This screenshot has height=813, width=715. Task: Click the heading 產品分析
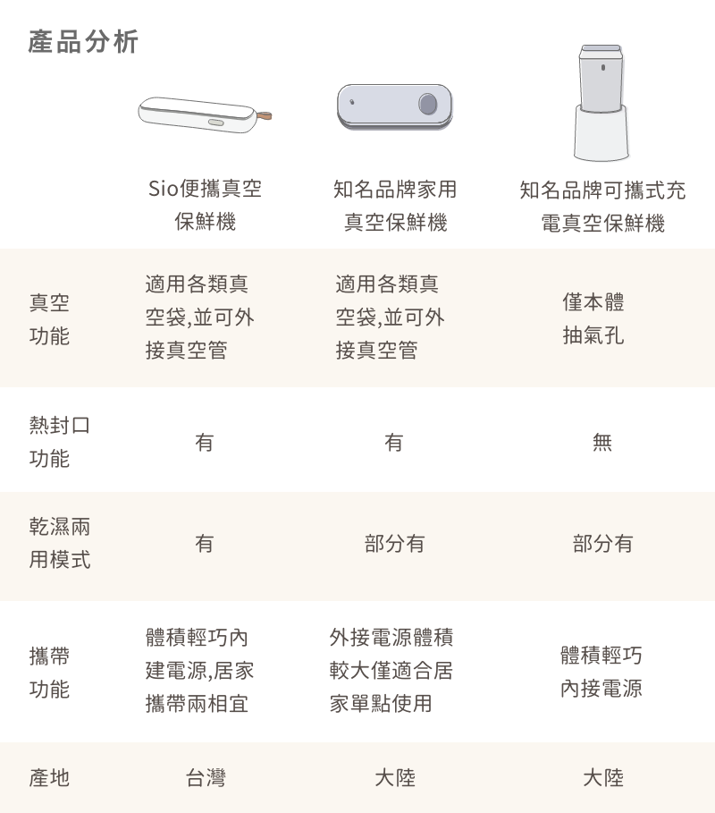tap(83, 42)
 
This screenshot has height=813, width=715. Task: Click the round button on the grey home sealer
tap(428, 104)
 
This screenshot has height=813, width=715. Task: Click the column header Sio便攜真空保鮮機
tap(206, 205)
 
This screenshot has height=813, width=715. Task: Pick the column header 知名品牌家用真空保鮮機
tap(395, 206)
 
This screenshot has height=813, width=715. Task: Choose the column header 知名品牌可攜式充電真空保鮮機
tap(602, 207)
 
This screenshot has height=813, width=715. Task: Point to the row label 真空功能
tap(49, 319)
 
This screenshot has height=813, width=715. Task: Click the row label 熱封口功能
tap(60, 442)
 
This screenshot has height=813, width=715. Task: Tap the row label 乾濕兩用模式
tap(60, 543)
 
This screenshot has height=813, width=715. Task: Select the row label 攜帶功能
tap(49, 673)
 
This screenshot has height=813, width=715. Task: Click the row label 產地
tap(49, 778)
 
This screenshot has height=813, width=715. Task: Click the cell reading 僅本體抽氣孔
tap(593, 318)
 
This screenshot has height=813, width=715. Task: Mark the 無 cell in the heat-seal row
tap(602, 443)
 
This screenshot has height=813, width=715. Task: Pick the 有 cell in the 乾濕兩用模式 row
tap(204, 544)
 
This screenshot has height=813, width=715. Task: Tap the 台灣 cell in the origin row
tap(206, 778)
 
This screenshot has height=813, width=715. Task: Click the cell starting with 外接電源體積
tap(391, 670)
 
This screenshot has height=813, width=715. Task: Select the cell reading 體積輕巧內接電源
tap(601, 672)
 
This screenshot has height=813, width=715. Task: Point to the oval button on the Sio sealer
tap(215, 123)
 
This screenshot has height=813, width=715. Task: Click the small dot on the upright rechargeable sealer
tap(602, 67)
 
